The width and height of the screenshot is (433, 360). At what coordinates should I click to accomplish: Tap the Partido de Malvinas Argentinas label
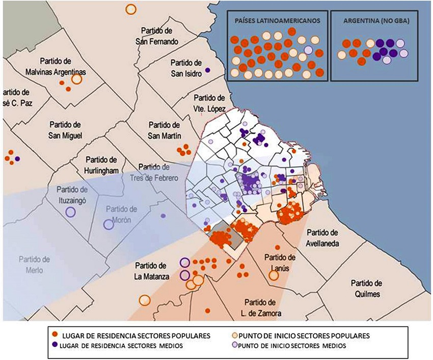56,67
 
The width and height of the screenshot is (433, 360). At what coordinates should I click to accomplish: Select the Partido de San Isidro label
186,68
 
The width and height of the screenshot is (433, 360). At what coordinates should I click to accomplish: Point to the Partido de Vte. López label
209,102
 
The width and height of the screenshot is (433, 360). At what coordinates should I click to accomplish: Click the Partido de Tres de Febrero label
158,172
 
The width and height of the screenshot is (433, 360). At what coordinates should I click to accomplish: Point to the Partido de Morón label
122,214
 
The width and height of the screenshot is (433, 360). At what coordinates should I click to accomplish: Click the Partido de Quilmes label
366,289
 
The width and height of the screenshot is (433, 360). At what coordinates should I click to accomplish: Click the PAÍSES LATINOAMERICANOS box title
277,21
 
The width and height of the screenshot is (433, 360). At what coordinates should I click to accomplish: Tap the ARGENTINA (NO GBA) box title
373,21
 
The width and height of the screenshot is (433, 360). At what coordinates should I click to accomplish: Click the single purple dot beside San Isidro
207,69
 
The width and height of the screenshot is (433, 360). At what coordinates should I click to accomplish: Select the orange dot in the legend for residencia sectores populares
55,336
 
